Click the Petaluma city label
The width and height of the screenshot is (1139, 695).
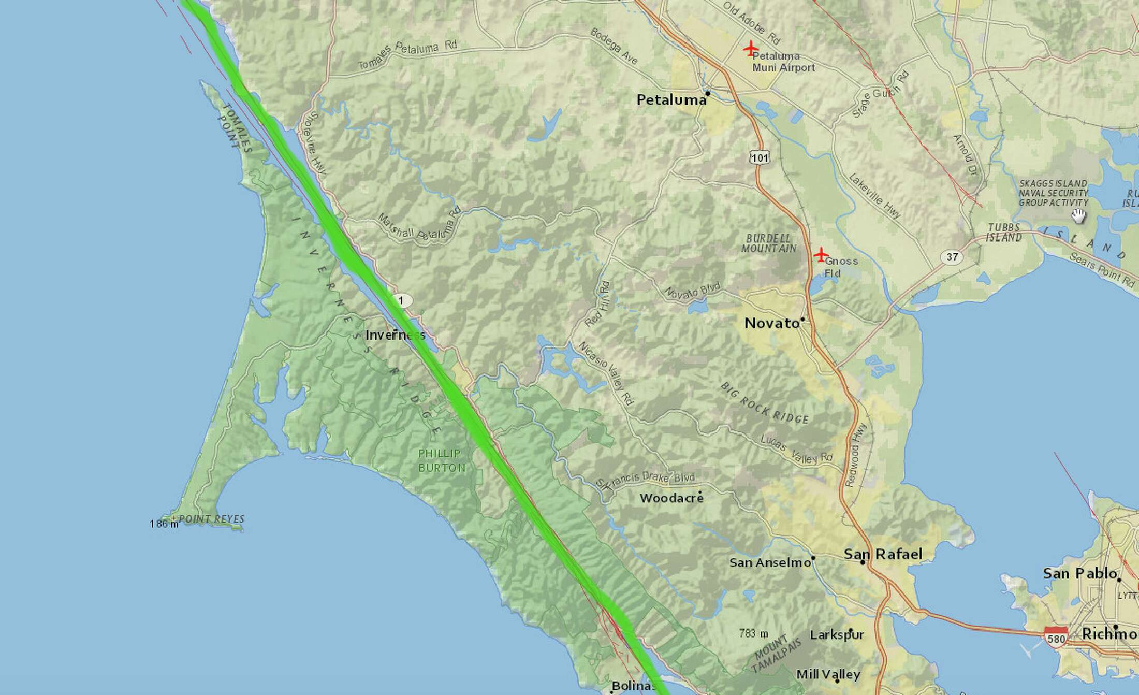(671, 100)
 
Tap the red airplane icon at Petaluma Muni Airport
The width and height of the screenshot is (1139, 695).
(750, 49)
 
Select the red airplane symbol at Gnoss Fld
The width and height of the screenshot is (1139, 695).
(821, 254)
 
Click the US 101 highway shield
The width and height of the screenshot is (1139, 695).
(760, 157)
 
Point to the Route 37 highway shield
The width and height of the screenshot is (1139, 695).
(952, 257)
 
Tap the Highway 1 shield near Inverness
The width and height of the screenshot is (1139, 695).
(401, 300)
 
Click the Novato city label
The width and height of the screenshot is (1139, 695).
(771, 324)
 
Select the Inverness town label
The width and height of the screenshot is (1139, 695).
(395, 335)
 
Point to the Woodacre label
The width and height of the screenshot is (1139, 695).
(671, 498)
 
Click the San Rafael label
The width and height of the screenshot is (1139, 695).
(883, 555)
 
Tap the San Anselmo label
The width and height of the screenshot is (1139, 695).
(770, 562)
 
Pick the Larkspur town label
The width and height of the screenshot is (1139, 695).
(837, 635)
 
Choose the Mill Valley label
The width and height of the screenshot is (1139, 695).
(828, 674)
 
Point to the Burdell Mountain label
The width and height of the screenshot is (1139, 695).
(769, 243)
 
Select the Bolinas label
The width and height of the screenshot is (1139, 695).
(633, 687)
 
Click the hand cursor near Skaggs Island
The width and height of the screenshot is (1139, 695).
(1078, 216)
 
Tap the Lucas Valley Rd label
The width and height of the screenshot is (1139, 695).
(796, 448)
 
